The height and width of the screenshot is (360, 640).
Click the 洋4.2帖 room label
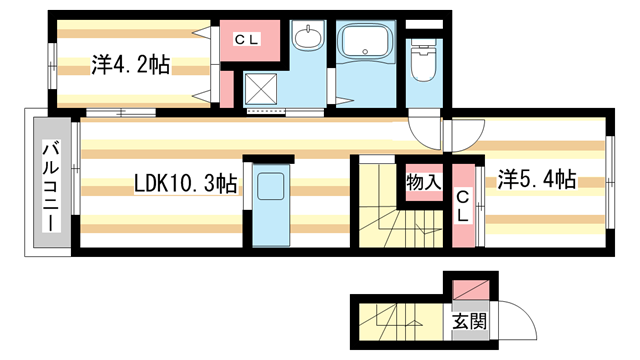click(131, 66)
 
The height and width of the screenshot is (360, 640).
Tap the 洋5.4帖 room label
click(536, 180)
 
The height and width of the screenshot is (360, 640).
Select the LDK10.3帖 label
click(186, 185)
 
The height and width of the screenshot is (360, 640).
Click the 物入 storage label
click(424, 182)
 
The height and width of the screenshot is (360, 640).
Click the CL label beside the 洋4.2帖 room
click(247, 39)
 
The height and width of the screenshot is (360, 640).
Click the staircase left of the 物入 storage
click(378, 205)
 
